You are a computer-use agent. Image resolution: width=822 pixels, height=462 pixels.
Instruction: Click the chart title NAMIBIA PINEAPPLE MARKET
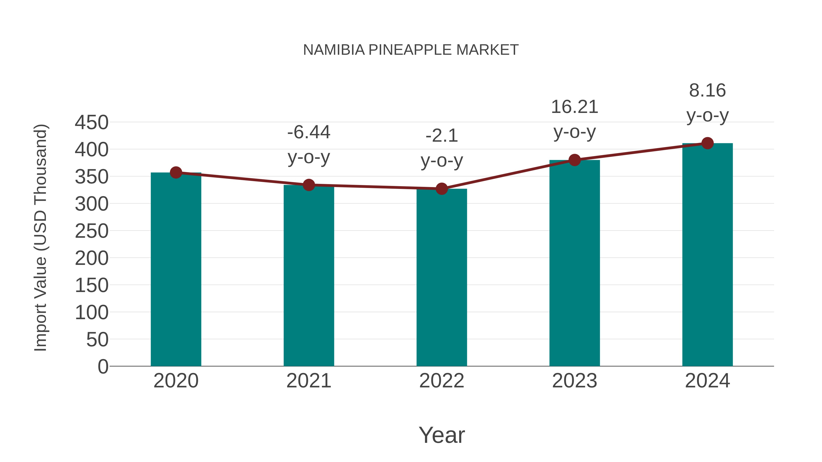[x=411, y=50]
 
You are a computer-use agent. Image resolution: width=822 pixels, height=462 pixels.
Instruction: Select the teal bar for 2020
[x=176, y=271]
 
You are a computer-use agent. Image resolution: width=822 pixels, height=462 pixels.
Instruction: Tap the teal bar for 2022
[x=442, y=277]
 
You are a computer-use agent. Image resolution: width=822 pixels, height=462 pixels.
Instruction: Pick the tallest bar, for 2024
[x=707, y=255]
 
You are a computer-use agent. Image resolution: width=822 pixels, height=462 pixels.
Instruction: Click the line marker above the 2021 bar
[x=308, y=185]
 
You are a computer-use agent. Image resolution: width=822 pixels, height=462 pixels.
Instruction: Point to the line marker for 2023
[x=574, y=160]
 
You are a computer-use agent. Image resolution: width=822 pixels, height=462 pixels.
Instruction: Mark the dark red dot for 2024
[x=707, y=143]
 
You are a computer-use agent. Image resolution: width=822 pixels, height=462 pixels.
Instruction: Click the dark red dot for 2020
[x=176, y=172]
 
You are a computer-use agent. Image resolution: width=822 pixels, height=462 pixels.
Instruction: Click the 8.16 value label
[x=707, y=91]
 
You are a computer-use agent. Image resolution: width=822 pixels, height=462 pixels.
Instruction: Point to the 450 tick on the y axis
[x=92, y=123]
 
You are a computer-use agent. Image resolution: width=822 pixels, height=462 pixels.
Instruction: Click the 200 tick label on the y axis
[x=92, y=258]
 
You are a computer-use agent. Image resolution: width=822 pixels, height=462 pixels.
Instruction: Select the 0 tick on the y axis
[x=103, y=366]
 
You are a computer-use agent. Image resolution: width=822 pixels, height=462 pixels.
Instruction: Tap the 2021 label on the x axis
[x=308, y=381]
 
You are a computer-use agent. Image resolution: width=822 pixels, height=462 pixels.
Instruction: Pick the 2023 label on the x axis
[x=574, y=381]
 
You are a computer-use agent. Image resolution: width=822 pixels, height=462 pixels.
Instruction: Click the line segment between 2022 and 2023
[x=508, y=174]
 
